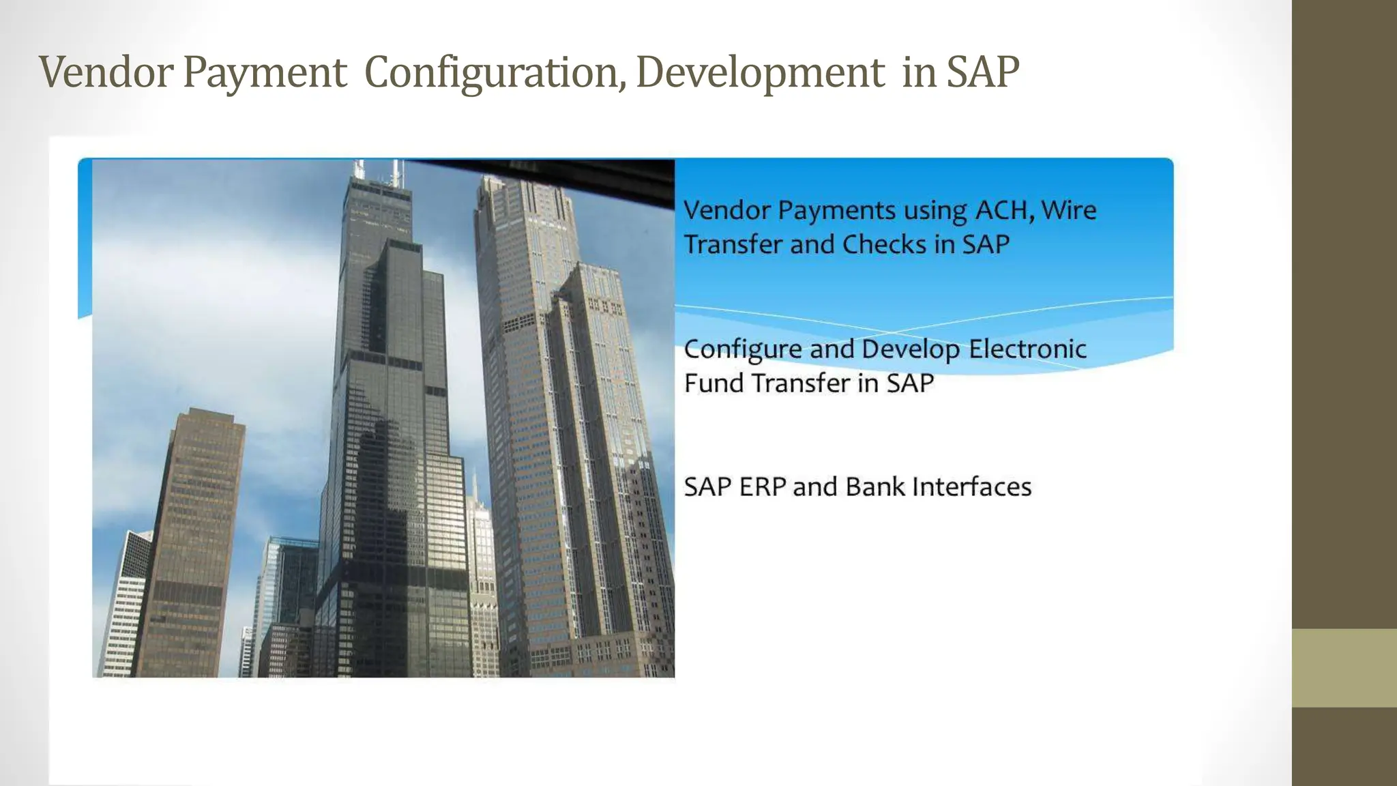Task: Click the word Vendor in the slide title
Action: pyautogui.click(x=106, y=72)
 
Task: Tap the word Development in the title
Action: pyautogui.click(x=760, y=72)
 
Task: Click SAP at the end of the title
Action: pyautogui.click(x=982, y=72)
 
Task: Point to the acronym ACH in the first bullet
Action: pyautogui.click(x=1001, y=210)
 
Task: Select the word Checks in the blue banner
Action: pyautogui.click(x=884, y=244)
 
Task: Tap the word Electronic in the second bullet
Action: pyautogui.click(x=1027, y=349)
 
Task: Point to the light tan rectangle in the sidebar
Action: pyautogui.click(x=1344, y=667)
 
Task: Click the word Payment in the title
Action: pyautogui.click(x=265, y=72)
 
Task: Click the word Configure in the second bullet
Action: pyautogui.click(x=742, y=349)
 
